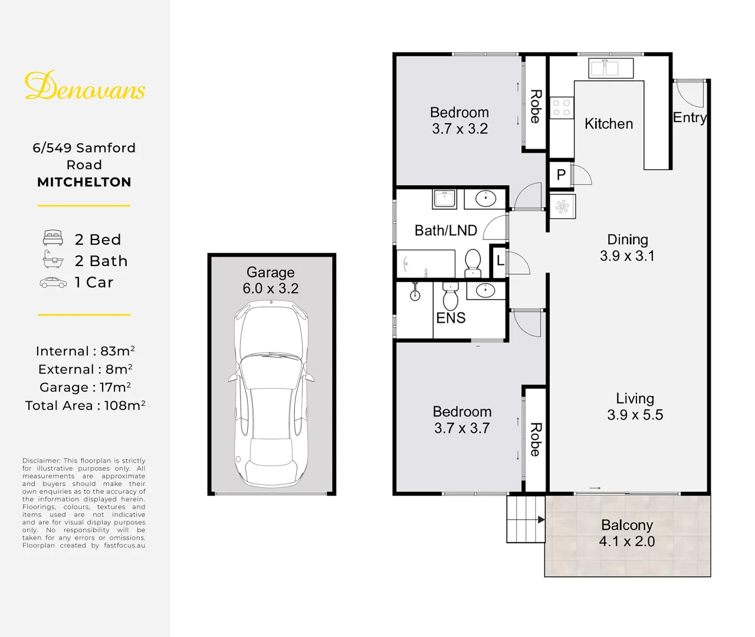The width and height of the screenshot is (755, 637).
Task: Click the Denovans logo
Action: pos(85,86)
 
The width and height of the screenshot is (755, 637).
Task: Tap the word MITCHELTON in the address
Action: pos(84,182)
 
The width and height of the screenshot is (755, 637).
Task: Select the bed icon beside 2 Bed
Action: pos(53,238)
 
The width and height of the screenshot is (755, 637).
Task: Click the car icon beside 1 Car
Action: pos(53,283)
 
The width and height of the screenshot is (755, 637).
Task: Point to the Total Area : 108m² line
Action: pos(85,405)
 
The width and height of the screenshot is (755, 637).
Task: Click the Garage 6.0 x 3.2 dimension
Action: pos(271,288)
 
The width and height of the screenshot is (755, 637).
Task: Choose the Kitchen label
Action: pos(609,124)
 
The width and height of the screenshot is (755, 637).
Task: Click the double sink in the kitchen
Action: pos(610,68)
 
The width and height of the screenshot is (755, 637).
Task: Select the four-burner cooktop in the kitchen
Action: pos(562,108)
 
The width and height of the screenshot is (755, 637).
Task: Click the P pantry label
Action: pos(561,175)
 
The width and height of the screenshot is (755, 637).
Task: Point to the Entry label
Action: pos(690,118)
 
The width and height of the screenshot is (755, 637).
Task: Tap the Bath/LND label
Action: pos(446,230)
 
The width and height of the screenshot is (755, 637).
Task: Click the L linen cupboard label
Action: pos(500,260)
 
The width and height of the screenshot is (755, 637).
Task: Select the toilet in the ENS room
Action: pos(451,295)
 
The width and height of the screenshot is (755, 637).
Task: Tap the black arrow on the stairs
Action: pos(541,520)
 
